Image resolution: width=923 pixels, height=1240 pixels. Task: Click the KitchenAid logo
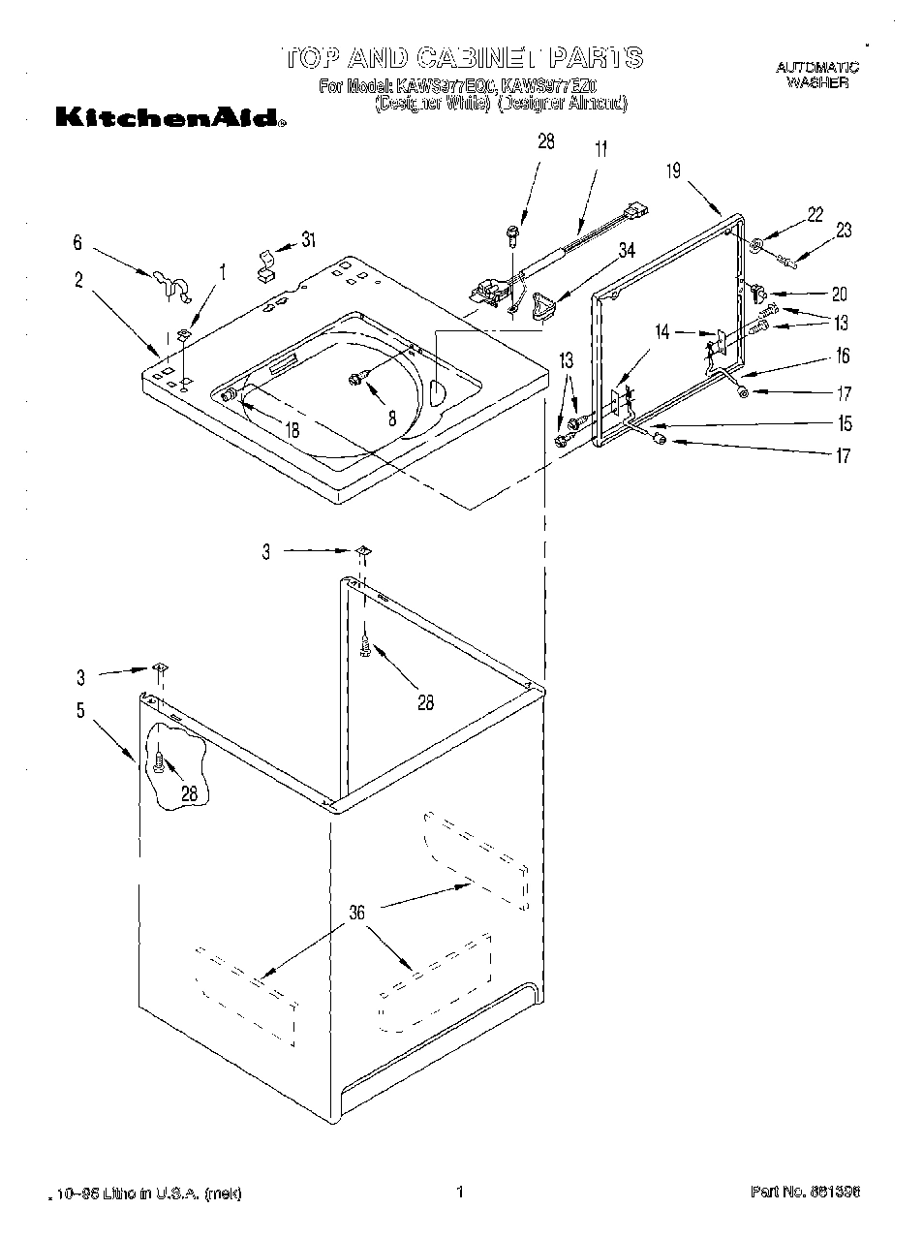point(170,120)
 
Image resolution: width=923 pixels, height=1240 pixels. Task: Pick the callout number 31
point(309,239)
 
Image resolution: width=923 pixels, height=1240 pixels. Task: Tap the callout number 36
point(357,911)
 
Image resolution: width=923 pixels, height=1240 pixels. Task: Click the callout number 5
point(81,710)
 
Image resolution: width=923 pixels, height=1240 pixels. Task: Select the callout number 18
point(292,430)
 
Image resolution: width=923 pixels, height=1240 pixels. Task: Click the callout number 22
point(815,215)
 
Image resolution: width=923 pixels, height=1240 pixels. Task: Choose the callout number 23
point(844,231)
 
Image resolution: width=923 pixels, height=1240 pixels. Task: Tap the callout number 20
point(839,294)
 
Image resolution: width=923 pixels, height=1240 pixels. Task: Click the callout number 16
point(843,356)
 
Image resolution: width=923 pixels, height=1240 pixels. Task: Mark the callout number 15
point(845,423)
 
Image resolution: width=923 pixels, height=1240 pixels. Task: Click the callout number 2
point(78,281)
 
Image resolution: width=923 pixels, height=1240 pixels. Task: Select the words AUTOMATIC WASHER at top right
point(817,75)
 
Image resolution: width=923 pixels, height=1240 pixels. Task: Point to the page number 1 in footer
point(461,1193)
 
